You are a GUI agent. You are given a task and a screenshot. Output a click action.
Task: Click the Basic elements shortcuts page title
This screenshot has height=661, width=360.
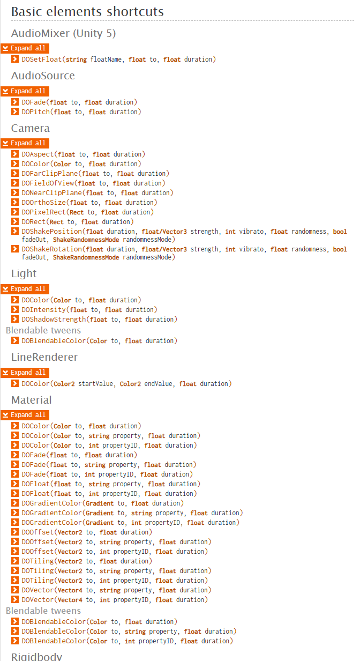(x=87, y=11)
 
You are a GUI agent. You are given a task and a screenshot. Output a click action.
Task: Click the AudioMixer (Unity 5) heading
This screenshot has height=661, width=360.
(x=63, y=33)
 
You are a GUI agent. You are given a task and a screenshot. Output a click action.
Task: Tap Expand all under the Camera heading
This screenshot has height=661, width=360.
(x=25, y=143)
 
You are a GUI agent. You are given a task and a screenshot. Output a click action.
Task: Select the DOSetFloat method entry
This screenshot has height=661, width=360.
(x=41, y=60)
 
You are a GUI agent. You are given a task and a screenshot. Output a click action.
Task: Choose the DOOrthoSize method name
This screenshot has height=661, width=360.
(x=43, y=203)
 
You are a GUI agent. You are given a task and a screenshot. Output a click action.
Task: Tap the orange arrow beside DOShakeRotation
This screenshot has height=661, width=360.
(x=16, y=249)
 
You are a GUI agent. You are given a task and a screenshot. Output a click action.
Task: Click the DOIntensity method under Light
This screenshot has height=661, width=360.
(x=43, y=310)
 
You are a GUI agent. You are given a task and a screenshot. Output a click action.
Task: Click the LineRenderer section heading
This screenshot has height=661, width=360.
(x=44, y=357)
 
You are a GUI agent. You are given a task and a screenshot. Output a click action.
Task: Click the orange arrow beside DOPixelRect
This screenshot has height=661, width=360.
(x=16, y=212)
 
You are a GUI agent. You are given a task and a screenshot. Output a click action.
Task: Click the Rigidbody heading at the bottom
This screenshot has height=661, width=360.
(x=36, y=657)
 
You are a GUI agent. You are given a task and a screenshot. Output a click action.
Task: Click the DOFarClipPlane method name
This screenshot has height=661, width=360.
(x=49, y=174)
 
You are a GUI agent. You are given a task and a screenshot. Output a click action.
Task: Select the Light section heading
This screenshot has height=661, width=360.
(x=24, y=273)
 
